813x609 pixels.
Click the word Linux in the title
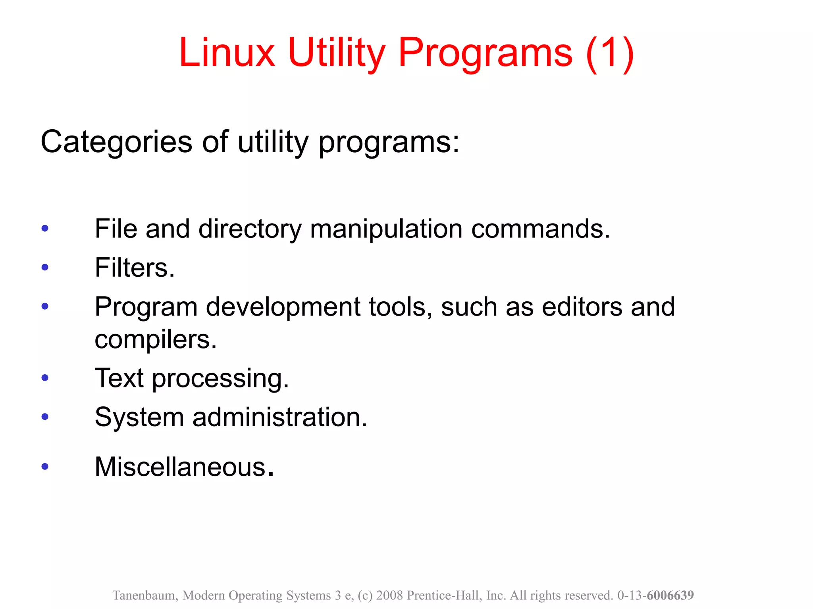point(226,53)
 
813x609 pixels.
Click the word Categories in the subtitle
point(116,142)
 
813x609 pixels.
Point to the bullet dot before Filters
point(45,267)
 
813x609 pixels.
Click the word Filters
point(135,268)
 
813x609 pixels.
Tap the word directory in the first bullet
point(250,229)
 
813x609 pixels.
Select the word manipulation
point(386,229)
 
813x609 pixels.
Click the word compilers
point(156,339)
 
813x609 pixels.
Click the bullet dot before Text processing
point(45,377)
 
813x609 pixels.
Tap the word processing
point(220,378)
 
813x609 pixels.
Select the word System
point(139,417)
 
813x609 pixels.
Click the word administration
point(280,417)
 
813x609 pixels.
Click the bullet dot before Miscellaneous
point(45,466)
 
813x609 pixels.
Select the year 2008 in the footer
point(389,596)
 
